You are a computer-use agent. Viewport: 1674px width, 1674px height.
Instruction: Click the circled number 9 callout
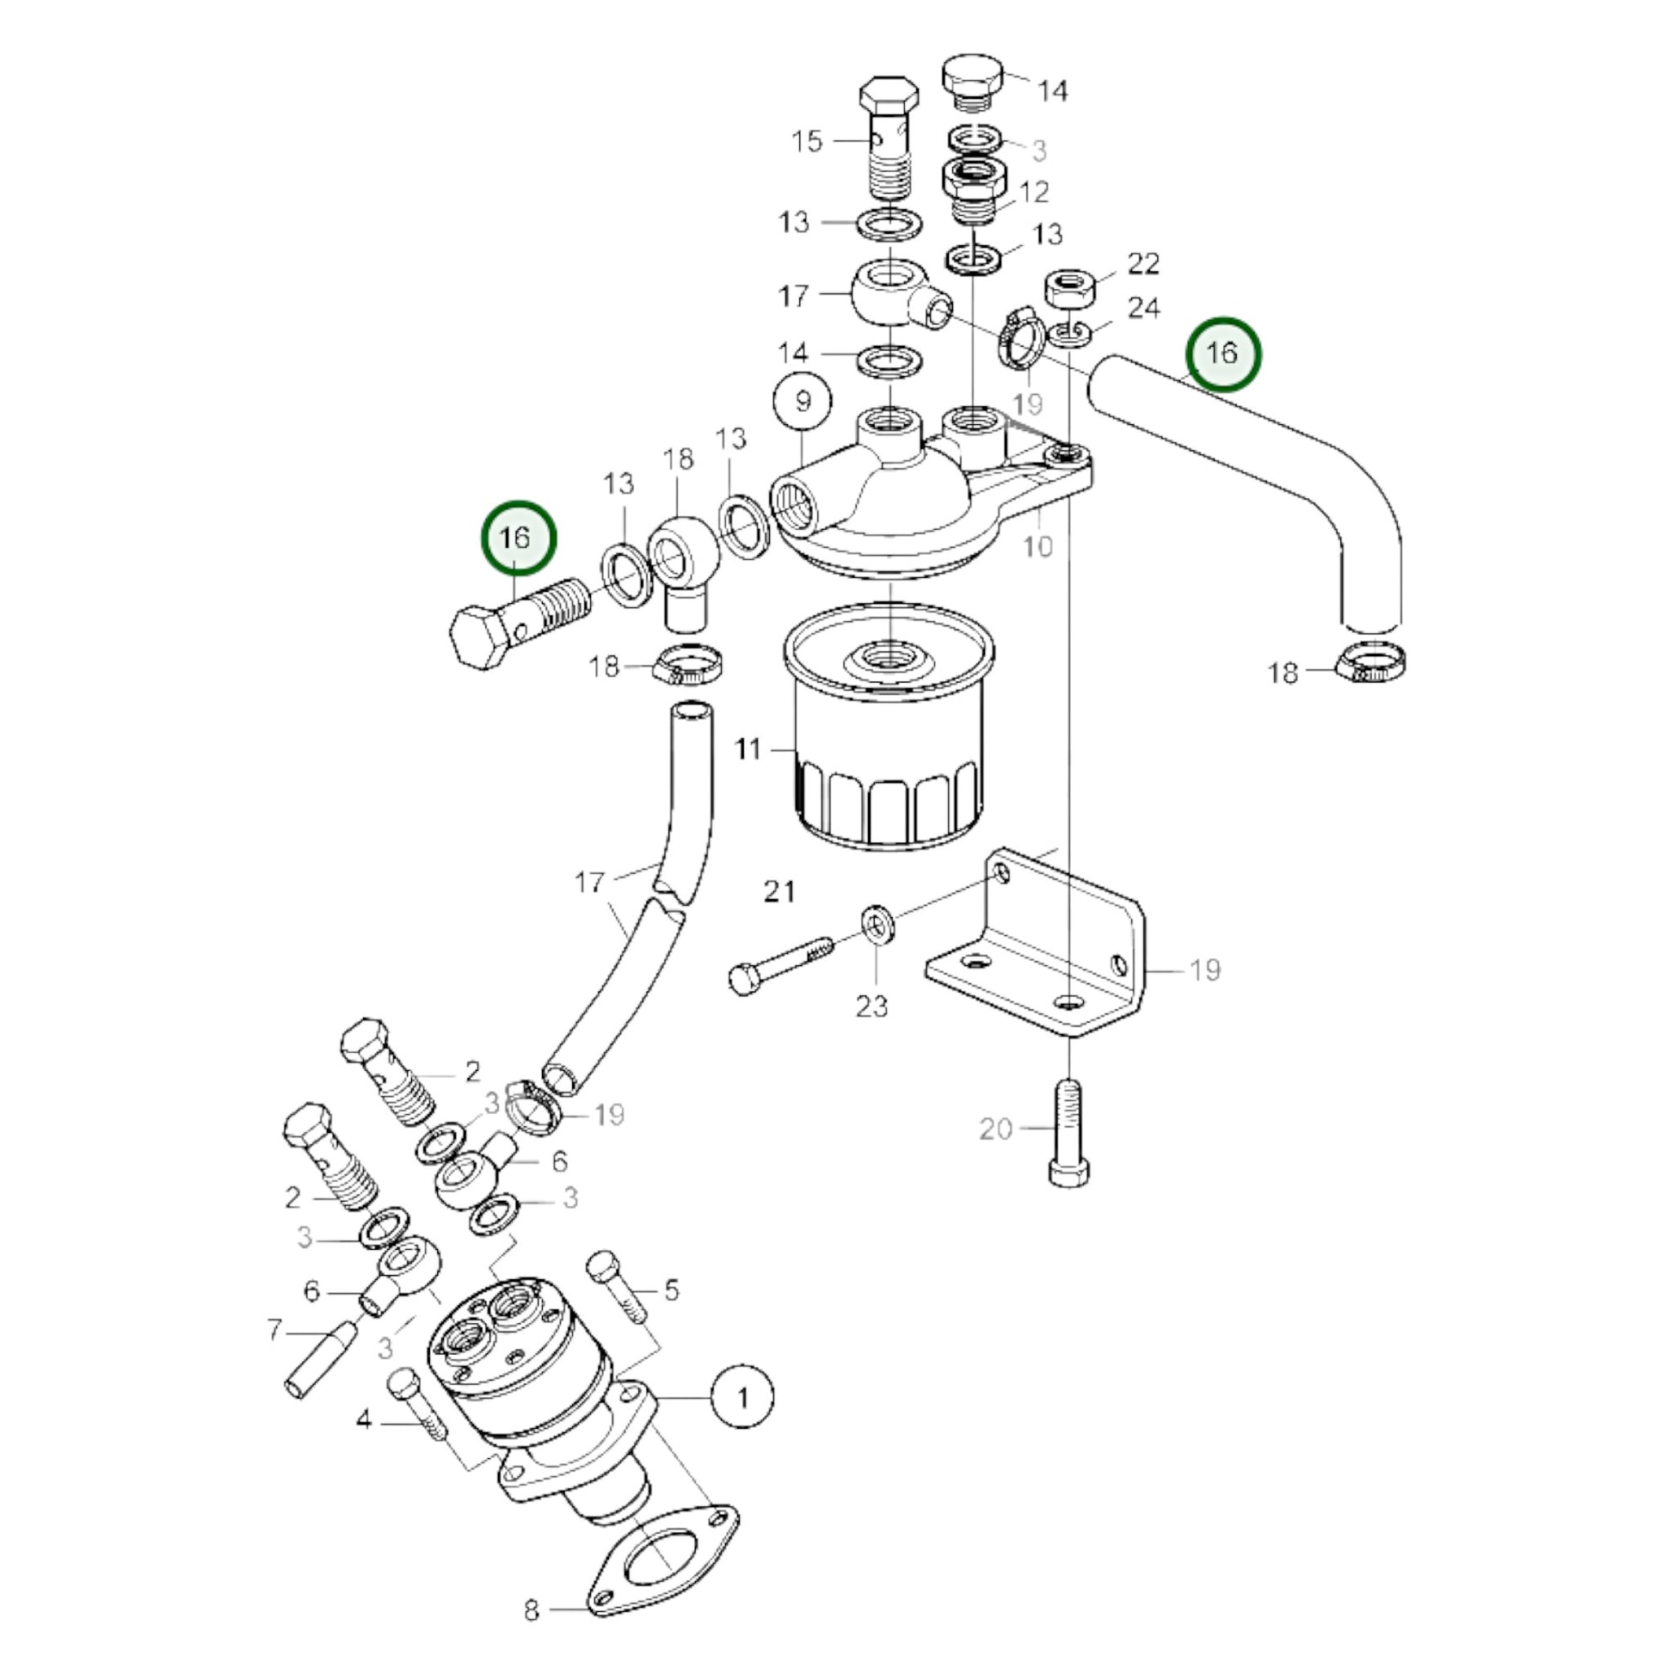click(803, 402)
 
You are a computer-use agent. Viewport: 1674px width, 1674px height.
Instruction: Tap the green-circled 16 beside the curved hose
click(1222, 354)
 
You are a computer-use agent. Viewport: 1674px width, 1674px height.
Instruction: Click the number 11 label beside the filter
click(748, 748)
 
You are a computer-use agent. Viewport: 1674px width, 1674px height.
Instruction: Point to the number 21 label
click(779, 890)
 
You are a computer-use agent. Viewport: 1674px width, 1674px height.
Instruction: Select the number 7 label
click(274, 1329)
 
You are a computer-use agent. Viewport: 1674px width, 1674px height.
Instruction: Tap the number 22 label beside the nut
click(1143, 263)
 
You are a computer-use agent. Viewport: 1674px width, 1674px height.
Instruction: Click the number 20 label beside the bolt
click(995, 1129)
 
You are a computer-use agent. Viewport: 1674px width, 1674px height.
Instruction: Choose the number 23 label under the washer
click(871, 1006)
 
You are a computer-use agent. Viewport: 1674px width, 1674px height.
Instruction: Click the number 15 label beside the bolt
click(807, 141)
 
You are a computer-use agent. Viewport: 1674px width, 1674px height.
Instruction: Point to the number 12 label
click(1035, 192)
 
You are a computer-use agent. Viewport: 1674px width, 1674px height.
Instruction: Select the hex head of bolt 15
click(888, 100)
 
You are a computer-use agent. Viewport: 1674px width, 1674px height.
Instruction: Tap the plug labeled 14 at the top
click(973, 84)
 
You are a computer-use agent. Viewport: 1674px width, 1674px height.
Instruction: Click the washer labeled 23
click(877, 924)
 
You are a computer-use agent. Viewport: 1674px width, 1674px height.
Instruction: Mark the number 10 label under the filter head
click(1037, 546)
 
